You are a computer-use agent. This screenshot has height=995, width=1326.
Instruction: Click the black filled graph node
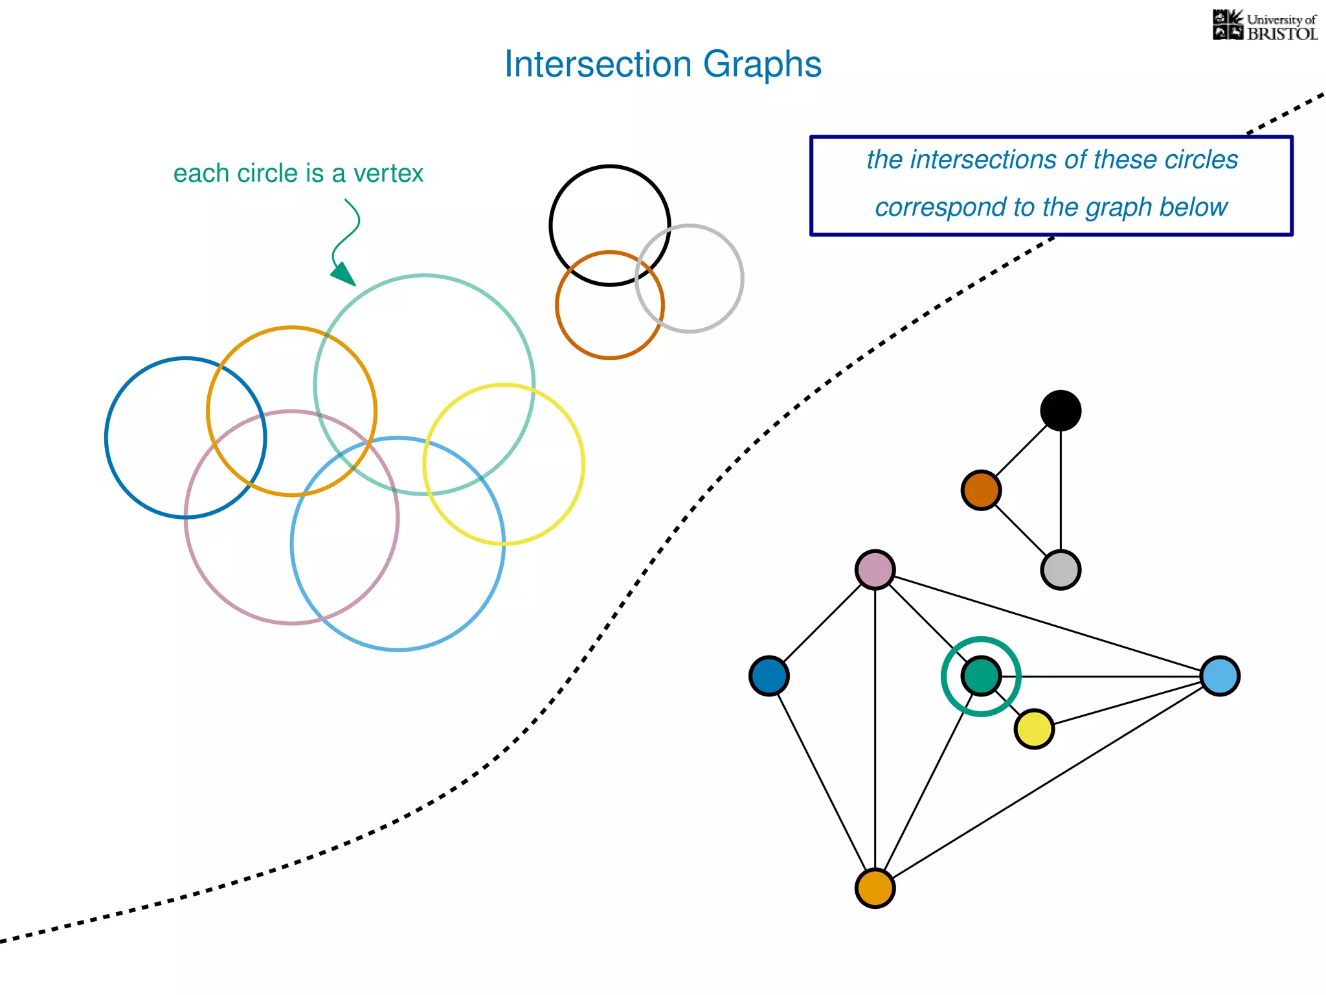point(1061,410)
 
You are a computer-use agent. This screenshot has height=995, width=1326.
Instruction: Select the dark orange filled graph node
point(981,490)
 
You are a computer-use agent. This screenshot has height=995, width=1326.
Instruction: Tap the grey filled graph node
point(1061,570)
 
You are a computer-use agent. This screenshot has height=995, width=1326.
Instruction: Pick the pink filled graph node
point(875,570)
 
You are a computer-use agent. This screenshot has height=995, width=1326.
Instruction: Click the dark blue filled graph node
point(769,676)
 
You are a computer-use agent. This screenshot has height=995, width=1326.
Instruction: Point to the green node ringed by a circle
point(981,676)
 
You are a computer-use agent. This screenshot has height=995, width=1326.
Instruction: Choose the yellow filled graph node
point(1034,729)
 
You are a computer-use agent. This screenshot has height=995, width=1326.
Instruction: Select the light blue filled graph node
point(1220,676)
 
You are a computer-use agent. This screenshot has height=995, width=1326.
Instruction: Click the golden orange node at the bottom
point(875,888)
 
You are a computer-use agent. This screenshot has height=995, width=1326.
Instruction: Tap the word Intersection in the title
point(598,65)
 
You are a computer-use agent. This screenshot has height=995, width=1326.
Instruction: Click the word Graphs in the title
point(762,65)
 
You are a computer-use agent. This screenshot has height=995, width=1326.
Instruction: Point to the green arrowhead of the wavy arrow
point(344,274)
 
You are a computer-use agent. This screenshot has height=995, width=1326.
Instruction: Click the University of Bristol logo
point(1264,26)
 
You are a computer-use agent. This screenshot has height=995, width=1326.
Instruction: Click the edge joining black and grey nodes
point(1061,490)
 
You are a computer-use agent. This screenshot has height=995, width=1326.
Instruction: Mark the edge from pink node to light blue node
point(1048,623)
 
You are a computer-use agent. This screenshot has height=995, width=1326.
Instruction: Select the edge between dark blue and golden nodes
point(822,782)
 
